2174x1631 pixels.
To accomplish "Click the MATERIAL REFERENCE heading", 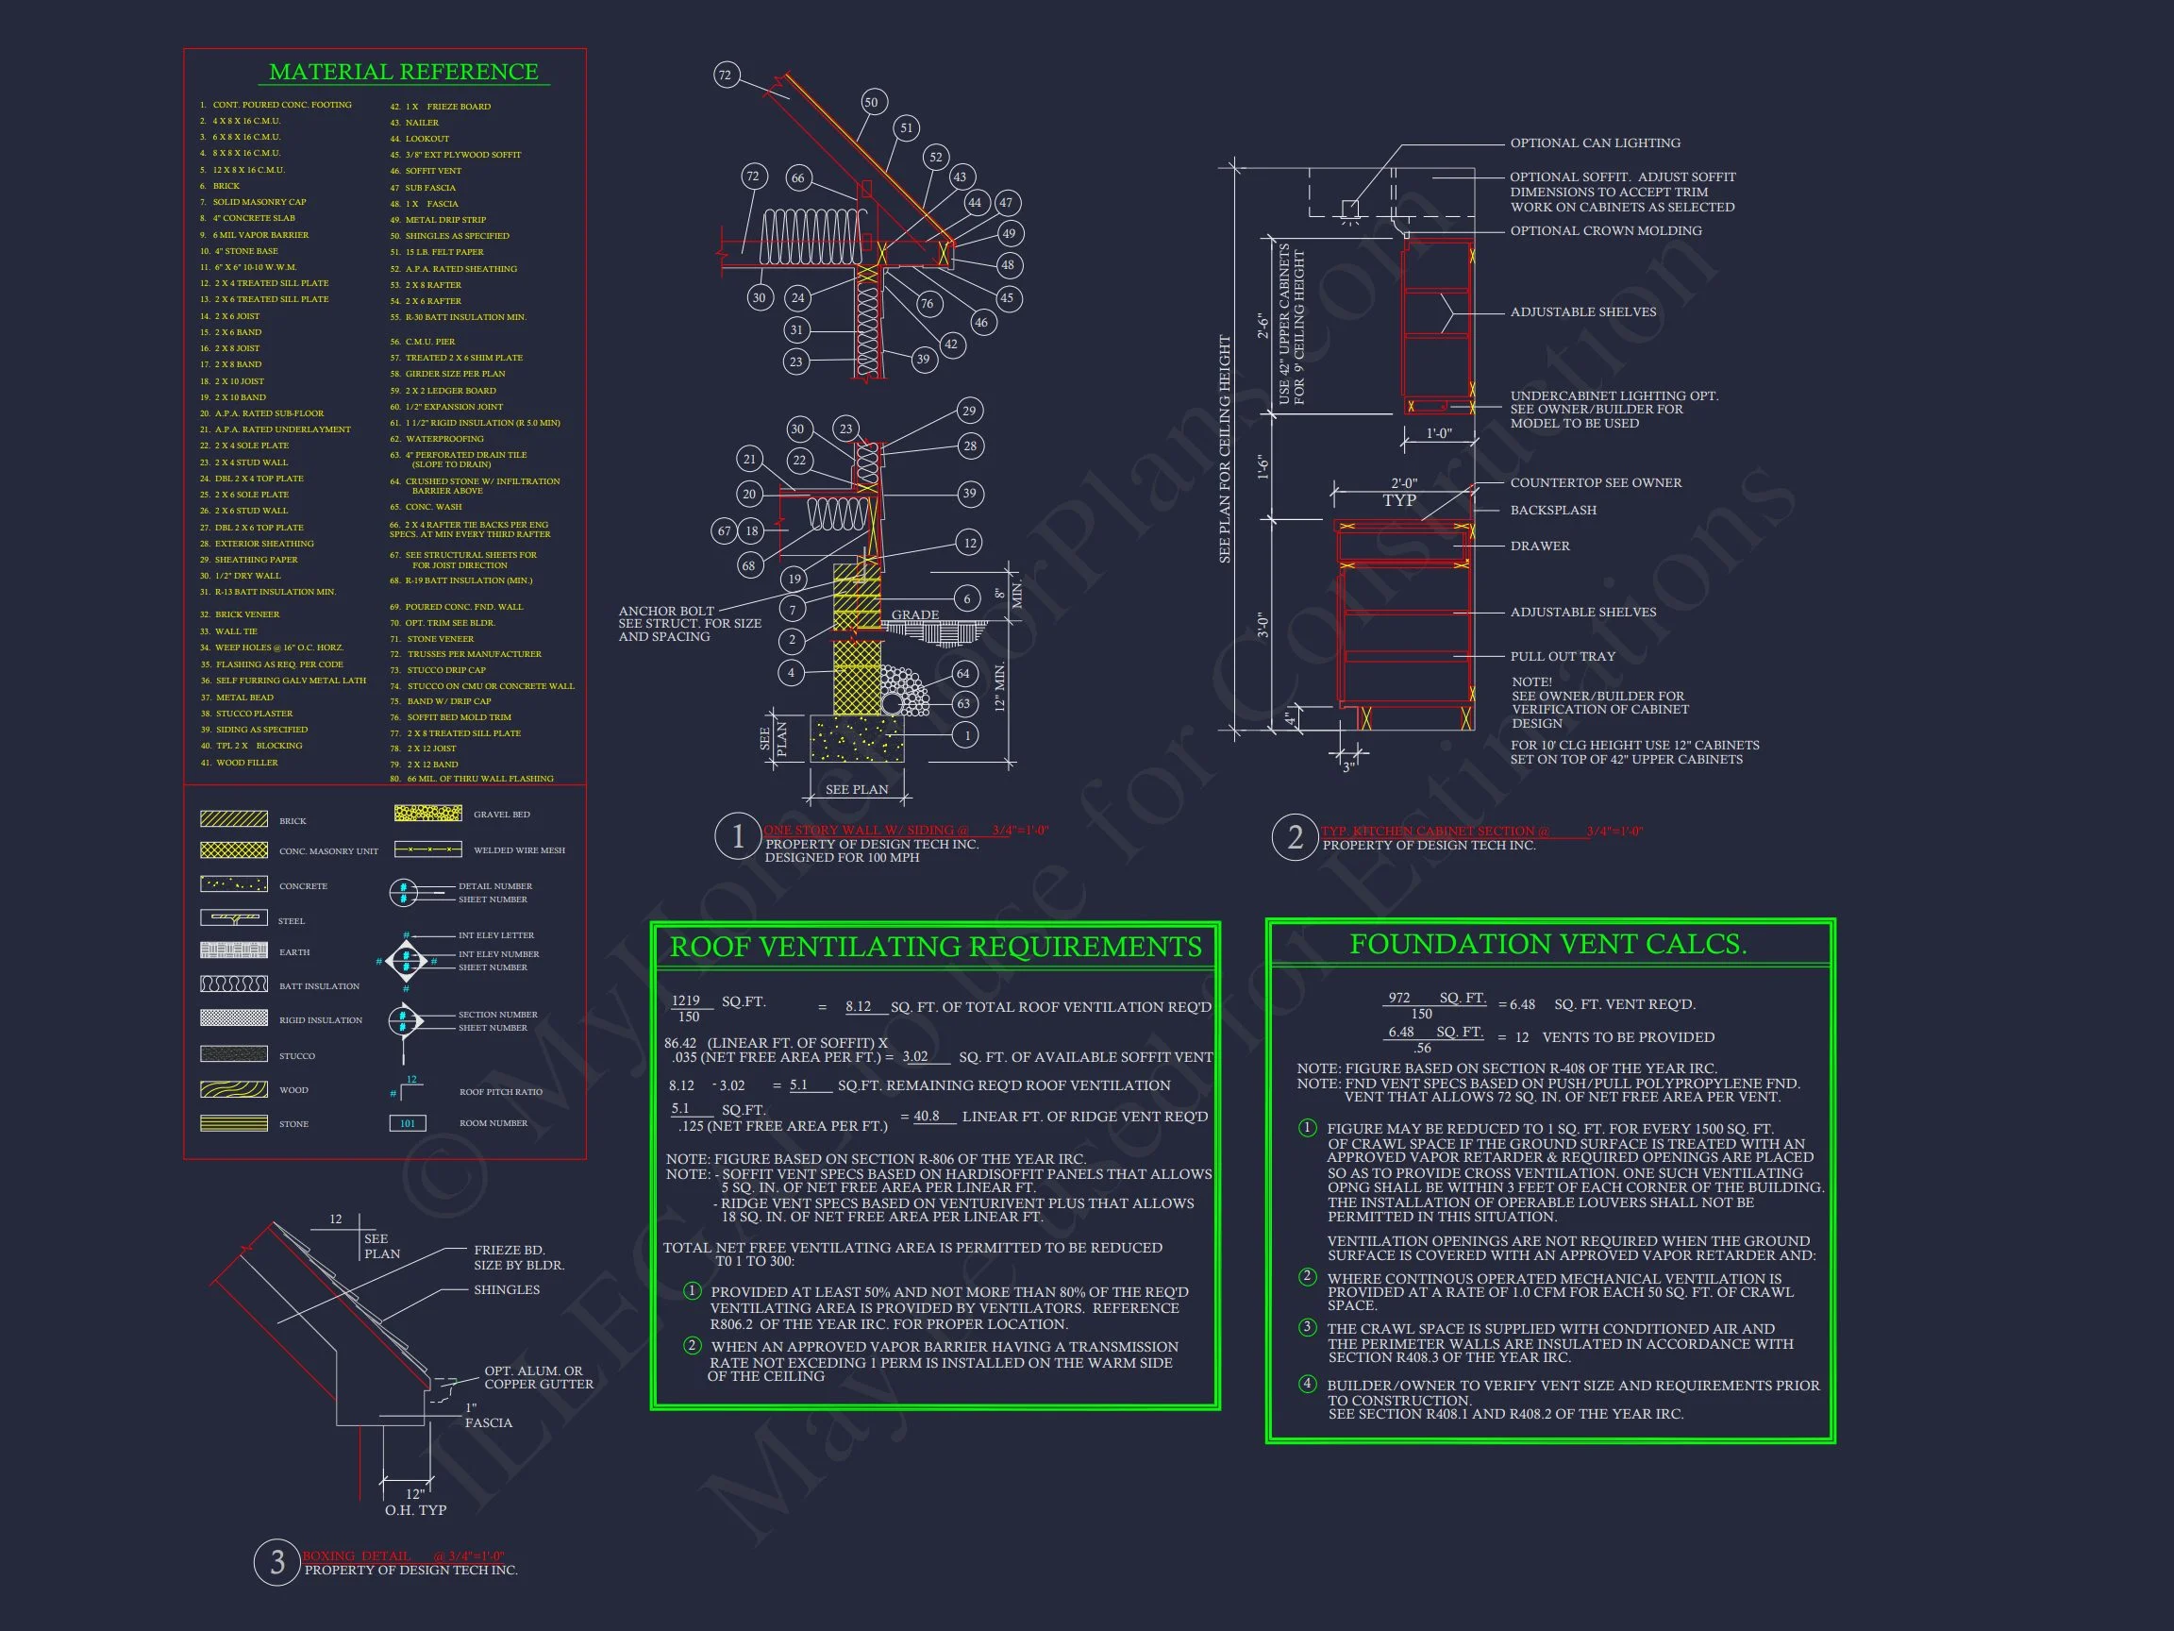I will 403,72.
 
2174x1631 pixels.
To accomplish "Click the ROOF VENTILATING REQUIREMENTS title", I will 935,946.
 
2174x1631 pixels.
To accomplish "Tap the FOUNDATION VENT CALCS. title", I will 1548,944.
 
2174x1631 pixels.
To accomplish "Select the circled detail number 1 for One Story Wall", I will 737,836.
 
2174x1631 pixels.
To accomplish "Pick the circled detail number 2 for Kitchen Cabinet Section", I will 1295,837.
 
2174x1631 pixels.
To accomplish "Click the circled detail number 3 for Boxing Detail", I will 277,1561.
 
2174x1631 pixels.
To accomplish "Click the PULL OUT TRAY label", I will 1562,657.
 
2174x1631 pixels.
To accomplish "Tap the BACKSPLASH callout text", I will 1553,511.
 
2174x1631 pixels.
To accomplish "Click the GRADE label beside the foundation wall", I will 914,615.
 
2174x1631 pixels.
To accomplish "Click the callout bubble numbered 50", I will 871,102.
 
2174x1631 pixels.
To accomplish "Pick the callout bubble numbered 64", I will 963,673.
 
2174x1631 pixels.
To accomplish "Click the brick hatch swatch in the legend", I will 234,819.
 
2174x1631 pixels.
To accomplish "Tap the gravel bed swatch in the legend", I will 427,813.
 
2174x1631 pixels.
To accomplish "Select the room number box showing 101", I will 407,1122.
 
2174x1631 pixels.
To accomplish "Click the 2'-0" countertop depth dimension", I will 1403,483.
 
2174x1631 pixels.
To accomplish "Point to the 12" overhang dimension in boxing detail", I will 415,1493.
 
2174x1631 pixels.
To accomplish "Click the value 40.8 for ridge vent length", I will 926,1116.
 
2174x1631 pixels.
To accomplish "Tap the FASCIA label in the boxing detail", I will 489,1422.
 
